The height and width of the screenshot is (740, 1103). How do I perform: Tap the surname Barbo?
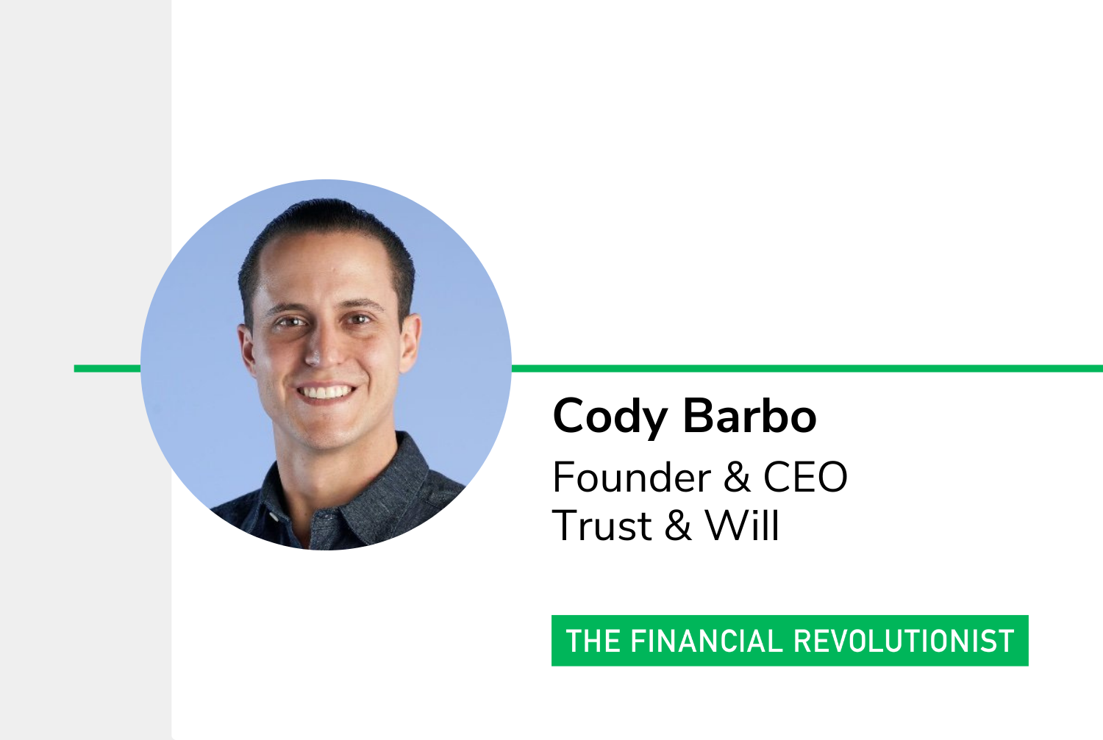tap(749, 416)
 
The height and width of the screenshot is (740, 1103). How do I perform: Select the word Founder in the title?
tap(632, 477)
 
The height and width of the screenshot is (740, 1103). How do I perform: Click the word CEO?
tap(805, 477)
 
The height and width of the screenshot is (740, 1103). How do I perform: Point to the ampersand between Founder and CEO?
tap(737, 477)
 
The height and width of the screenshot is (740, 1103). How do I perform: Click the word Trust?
tap(602, 525)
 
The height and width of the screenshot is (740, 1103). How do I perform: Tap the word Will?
tap(742, 525)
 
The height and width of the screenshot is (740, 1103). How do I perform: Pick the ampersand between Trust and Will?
tap(677, 525)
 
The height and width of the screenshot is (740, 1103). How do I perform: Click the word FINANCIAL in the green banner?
tap(706, 641)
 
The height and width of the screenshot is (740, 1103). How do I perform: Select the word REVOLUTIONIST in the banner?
tap(904, 641)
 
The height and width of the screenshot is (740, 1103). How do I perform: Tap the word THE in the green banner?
tap(593, 641)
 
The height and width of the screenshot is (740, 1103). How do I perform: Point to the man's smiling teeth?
tap(326, 392)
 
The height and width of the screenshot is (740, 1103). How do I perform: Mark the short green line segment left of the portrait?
tap(107, 368)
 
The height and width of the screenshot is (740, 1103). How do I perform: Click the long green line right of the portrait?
tap(807, 368)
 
